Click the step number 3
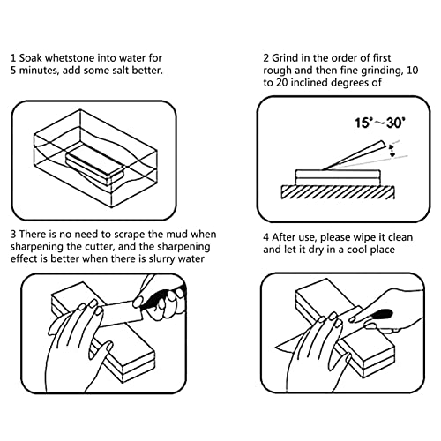point(12,234)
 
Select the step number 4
point(265,237)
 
